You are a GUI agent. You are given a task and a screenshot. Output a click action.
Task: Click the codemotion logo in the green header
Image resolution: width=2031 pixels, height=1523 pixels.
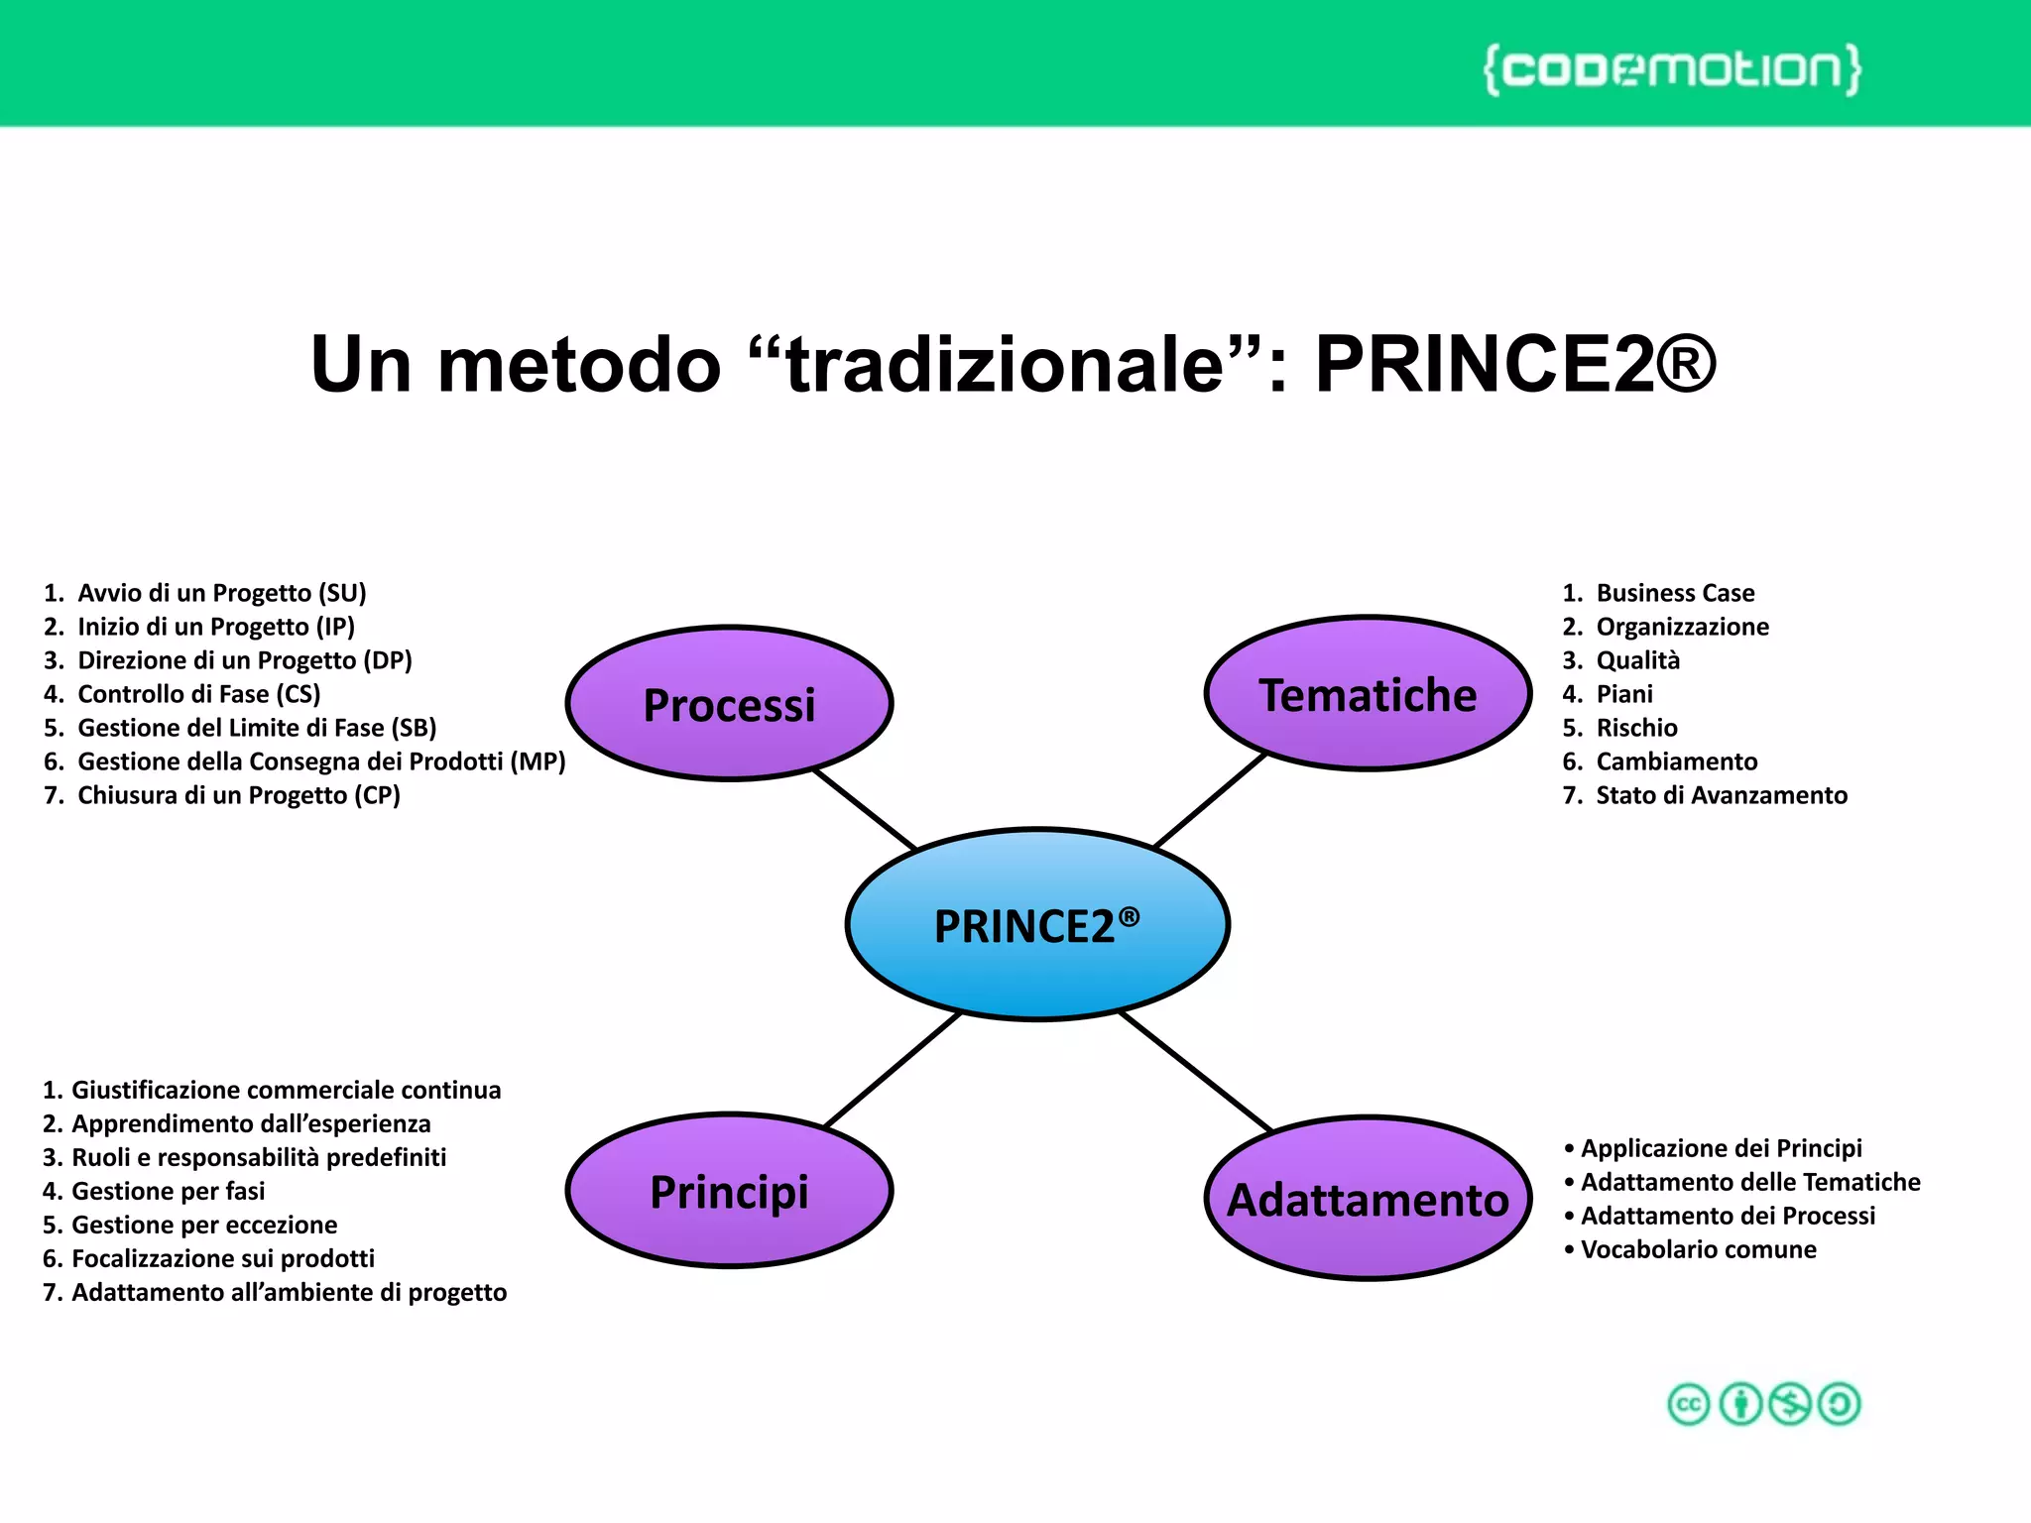pyautogui.click(x=1672, y=69)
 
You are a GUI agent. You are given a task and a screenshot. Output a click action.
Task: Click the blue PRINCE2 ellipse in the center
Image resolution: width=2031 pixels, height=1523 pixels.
pyautogui.click(x=1037, y=924)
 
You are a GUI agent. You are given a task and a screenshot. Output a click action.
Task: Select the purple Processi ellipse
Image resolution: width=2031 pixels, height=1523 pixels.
pyautogui.click(x=729, y=704)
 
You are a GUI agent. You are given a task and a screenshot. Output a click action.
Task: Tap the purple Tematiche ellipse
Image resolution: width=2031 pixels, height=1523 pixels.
pyautogui.click(x=1368, y=694)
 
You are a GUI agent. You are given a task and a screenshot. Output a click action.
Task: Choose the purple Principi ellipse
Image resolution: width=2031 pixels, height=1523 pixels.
pyautogui.click(x=729, y=1191)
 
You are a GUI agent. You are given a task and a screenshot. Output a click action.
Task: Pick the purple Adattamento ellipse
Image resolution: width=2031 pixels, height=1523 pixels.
pyautogui.click(x=1368, y=1199)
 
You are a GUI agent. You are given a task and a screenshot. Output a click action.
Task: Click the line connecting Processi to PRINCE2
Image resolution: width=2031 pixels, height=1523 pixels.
pyautogui.click(x=864, y=809)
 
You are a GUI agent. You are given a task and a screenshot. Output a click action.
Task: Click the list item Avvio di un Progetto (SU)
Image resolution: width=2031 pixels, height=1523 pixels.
pyautogui.click(x=221, y=593)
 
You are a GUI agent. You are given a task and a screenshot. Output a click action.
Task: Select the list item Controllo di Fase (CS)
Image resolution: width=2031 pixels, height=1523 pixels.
pyautogui.click(x=198, y=694)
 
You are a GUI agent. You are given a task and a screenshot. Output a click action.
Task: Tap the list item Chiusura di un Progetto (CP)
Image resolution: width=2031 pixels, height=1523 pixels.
pyautogui.click(x=238, y=795)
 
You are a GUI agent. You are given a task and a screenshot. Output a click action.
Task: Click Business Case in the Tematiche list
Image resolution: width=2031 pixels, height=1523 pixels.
pyautogui.click(x=1674, y=593)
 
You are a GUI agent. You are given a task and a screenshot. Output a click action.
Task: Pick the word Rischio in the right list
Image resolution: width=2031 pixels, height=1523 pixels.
pyautogui.click(x=1636, y=728)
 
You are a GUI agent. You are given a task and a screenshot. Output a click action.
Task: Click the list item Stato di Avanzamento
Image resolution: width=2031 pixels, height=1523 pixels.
pyautogui.click(x=1721, y=795)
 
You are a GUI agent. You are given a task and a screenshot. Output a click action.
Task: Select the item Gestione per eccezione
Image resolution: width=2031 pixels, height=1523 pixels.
pyautogui.click(x=203, y=1225)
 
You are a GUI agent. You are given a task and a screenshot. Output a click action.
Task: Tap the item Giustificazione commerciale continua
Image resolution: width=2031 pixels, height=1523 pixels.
pyautogui.click(x=286, y=1090)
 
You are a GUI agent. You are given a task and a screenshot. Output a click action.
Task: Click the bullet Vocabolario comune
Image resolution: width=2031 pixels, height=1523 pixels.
pyautogui.click(x=1698, y=1249)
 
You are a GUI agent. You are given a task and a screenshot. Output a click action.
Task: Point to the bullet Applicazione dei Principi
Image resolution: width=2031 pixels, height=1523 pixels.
pyautogui.click(x=1721, y=1148)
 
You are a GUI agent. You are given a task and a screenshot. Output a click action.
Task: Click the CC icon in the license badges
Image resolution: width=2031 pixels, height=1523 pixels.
pyautogui.click(x=1688, y=1404)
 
